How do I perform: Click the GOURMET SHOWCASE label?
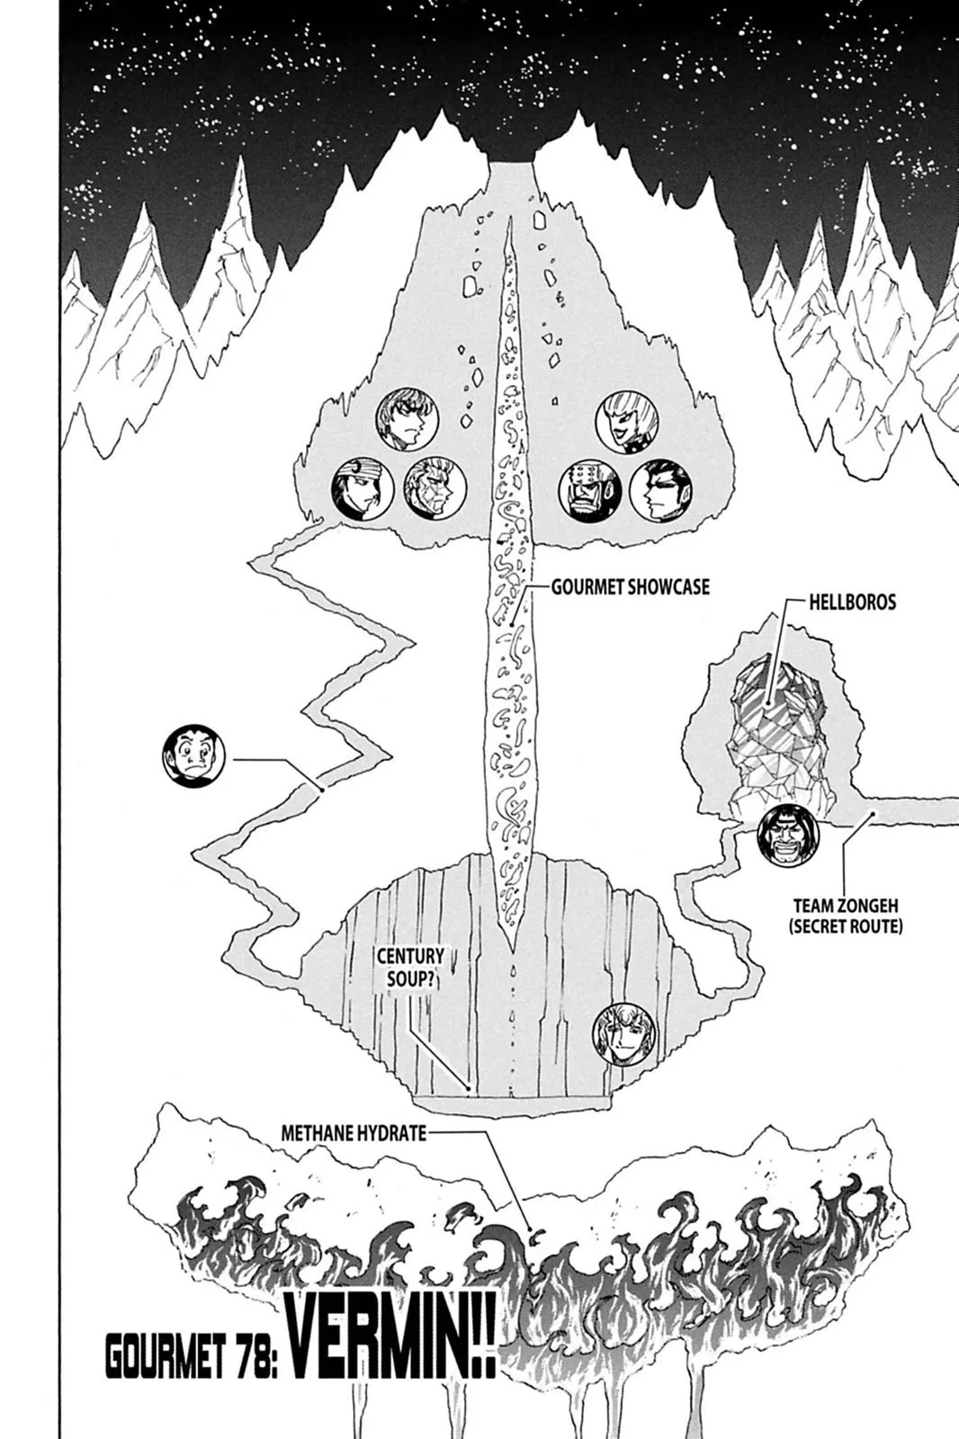pyautogui.click(x=630, y=587)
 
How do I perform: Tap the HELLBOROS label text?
pyautogui.click(x=851, y=602)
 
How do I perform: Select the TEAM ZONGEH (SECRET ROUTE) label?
pyautogui.click(x=846, y=916)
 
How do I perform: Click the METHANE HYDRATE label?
pyautogui.click(x=354, y=1132)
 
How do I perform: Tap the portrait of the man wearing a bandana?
pyautogui.click(x=363, y=491)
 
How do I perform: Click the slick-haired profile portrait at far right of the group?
pyautogui.click(x=659, y=492)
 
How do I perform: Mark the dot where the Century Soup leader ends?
pyautogui.click(x=469, y=1089)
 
